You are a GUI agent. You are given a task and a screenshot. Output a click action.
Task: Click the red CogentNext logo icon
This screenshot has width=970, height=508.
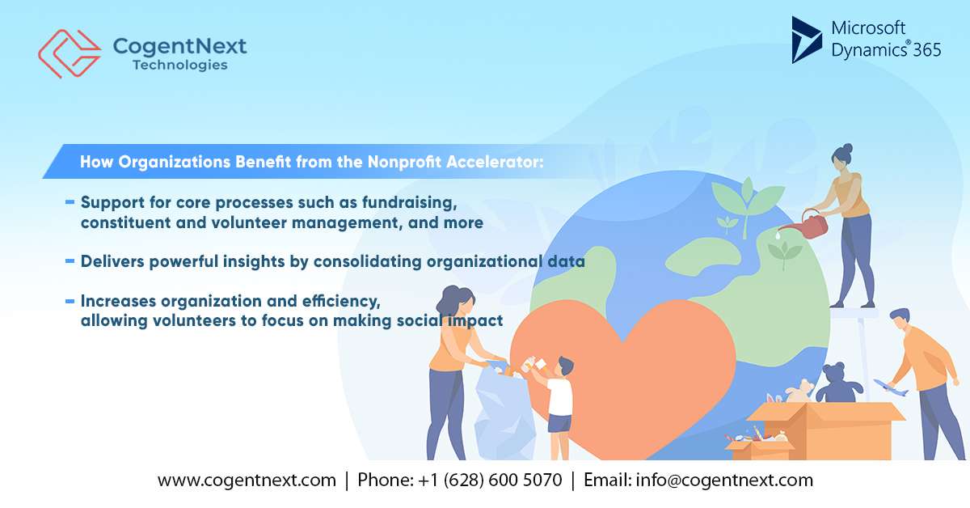click(69, 53)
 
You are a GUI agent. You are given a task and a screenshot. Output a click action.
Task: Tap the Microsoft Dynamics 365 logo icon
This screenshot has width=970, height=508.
click(806, 40)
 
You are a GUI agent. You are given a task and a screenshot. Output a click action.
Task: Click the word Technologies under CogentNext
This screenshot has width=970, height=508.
click(180, 65)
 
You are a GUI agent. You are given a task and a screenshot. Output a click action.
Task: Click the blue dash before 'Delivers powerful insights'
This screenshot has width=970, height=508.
click(70, 260)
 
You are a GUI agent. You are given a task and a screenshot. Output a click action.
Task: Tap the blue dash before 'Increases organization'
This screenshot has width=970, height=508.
click(70, 301)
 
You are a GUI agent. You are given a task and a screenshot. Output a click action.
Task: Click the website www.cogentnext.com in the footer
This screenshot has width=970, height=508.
click(247, 480)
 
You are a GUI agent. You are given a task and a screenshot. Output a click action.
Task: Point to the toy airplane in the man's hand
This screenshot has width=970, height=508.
click(889, 387)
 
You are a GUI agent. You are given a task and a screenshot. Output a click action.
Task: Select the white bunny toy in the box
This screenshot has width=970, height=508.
click(798, 392)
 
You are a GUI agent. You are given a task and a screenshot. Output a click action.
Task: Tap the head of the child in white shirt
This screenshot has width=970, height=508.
click(565, 367)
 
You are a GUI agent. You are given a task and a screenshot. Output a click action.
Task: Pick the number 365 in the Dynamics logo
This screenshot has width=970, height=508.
click(926, 50)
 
